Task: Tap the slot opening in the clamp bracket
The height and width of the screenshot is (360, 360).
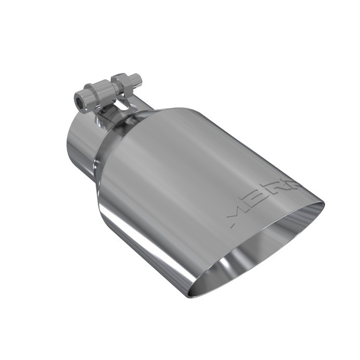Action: point(122,105)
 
